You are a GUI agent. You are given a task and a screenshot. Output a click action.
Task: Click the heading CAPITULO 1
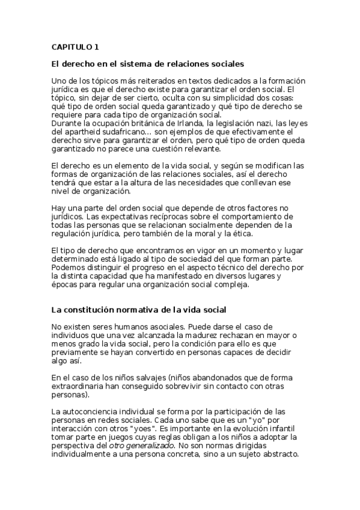[x=75, y=46]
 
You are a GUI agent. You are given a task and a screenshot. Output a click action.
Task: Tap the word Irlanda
[x=182, y=124]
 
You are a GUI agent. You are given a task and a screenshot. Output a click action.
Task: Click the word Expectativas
[x=128, y=216]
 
